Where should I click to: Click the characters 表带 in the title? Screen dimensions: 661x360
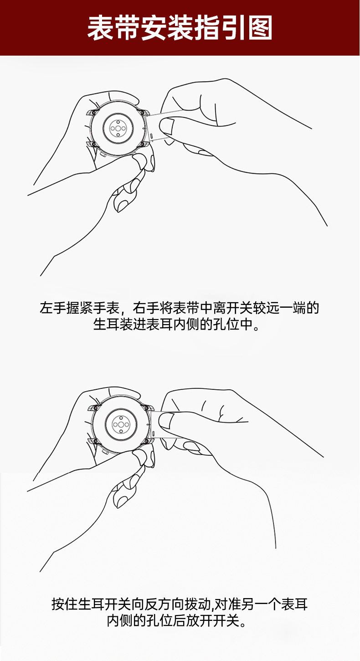(x=114, y=28)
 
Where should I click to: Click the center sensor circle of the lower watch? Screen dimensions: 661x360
(x=121, y=425)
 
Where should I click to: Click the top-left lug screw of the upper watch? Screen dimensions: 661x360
(x=93, y=113)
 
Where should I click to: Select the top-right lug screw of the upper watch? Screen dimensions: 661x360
(x=142, y=113)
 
